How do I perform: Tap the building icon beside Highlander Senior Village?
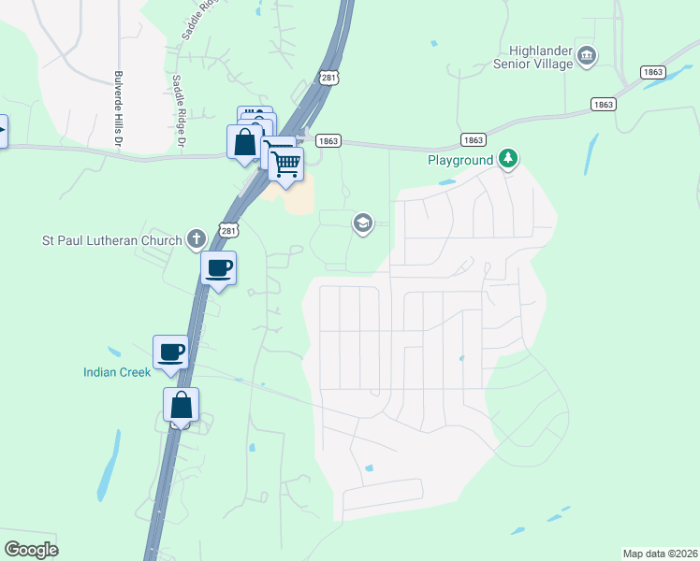coord(587,56)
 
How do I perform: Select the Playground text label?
coord(460,160)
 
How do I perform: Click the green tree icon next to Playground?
coord(508,159)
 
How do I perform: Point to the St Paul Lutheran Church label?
coord(113,240)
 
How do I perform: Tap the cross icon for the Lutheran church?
coord(196,239)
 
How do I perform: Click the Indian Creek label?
coord(116,372)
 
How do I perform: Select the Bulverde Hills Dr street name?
coord(119,109)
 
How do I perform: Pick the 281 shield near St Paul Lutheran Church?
coord(228,229)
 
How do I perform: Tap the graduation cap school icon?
coord(362,223)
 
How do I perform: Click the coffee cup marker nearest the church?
coord(219,269)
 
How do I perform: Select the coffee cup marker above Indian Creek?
coord(171,352)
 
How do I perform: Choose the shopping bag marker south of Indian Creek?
coord(182,406)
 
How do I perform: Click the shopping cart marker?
coord(286,164)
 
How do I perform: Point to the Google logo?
coord(31,550)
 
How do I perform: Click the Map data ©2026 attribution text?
coord(659,554)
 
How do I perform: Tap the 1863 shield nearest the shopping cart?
coord(328,141)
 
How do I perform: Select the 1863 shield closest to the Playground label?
coord(474,140)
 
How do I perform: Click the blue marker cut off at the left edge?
coord(3,130)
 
